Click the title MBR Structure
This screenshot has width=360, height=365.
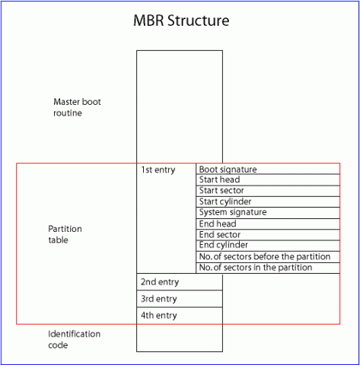(180, 21)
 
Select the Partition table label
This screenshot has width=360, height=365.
(65, 234)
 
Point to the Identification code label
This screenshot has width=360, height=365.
(74, 339)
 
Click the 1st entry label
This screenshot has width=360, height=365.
(158, 170)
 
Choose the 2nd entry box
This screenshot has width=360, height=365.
(180, 281)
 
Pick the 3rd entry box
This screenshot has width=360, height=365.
(180, 299)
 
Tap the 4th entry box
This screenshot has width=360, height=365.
(180, 316)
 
